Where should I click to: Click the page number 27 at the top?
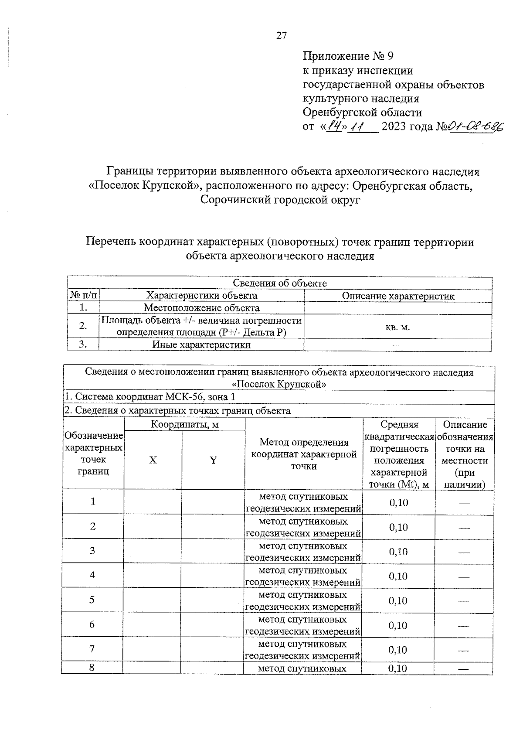click(281, 36)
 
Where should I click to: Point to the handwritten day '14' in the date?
click(335, 126)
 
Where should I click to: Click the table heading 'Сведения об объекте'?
click(279, 283)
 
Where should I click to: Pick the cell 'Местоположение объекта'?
click(201, 308)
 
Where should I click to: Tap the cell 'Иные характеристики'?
click(201, 344)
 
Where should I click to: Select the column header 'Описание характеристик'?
click(397, 296)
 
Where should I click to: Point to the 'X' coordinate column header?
click(153, 460)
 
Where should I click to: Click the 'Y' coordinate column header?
click(213, 460)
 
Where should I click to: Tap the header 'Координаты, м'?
click(184, 424)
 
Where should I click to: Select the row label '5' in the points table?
click(92, 600)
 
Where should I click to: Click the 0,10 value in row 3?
click(398, 552)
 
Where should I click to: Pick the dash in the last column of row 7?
click(464, 650)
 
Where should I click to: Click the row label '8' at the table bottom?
click(92, 668)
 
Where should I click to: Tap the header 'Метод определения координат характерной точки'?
click(303, 454)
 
